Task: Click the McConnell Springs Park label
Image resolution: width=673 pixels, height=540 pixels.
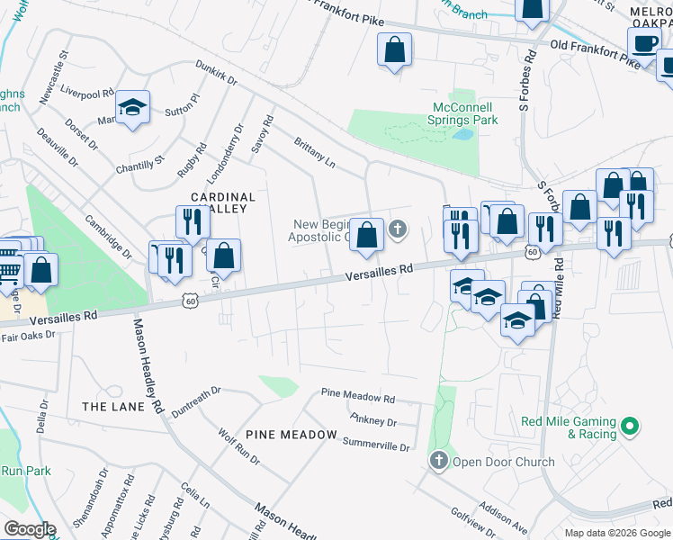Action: pyautogui.click(x=460, y=112)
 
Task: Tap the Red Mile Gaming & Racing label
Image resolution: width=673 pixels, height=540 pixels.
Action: pyautogui.click(x=569, y=427)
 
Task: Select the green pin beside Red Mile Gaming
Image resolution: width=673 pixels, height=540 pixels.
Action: pyautogui.click(x=631, y=425)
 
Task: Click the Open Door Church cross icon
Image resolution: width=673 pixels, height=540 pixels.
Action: pyautogui.click(x=438, y=461)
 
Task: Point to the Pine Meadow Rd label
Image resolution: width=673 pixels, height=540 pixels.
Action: pyautogui.click(x=358, y=396)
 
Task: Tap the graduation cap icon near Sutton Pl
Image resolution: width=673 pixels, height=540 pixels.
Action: pyautogui.click(x=132, y=108)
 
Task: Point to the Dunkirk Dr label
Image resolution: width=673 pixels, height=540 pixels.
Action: pyautogui.click(x=216, y=72)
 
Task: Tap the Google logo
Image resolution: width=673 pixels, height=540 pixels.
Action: pyautogui.click(x=30, y=529)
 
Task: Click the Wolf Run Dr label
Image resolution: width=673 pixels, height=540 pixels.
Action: pyautogui.click(x=238, y=446)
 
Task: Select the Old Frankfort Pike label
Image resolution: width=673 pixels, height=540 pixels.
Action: pyautogui.click(x=595, y=50)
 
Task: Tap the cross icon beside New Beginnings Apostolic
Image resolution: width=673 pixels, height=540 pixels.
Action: pyautogui.click(x=397, y=231)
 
